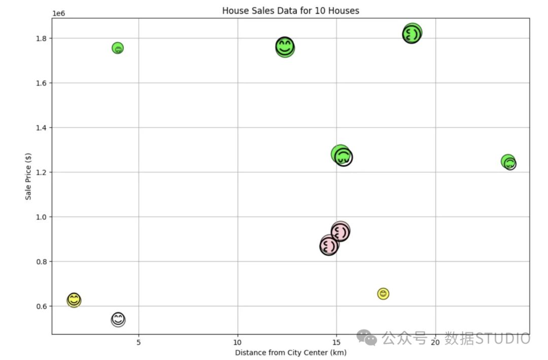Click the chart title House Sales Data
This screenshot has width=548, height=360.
pyautogui.click(x=290, y=11)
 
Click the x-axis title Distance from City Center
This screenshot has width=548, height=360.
pyautogui.click(x=290, y=352)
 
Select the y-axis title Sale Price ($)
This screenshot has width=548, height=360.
pyautogui.click(x=29, y=176)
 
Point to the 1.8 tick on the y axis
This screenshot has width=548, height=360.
pyautogui.click(x=41, y=39)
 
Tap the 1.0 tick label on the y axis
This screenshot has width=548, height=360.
pyautogui.click(x=41, y=217)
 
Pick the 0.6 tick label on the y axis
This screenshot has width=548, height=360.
pyautogui.click(x=41, y=306)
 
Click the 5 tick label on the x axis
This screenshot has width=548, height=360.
pyautogui.click(x=139, y=342)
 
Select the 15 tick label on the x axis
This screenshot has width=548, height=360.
pyautogui.click(x=337, y=342)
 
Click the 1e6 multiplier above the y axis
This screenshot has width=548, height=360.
pyautogui.click(x=58, y=13)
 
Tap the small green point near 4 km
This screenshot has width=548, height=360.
pyautogui.click(x=118, y=48)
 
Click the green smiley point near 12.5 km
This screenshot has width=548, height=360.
pyautogui.click(x=285, y=47)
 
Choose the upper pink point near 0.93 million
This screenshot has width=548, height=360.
pyautogui.click(x=340, y=232)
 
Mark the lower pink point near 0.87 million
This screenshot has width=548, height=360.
pyautogui.click(x=329, y=246)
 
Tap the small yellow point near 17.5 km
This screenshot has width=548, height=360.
pyautogui.click(x=383, y=294)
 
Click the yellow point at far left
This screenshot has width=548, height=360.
pyautogui.click(x=74, y=300)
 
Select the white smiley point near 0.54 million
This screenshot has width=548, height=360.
pyautogui.click(x=118, y=319)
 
